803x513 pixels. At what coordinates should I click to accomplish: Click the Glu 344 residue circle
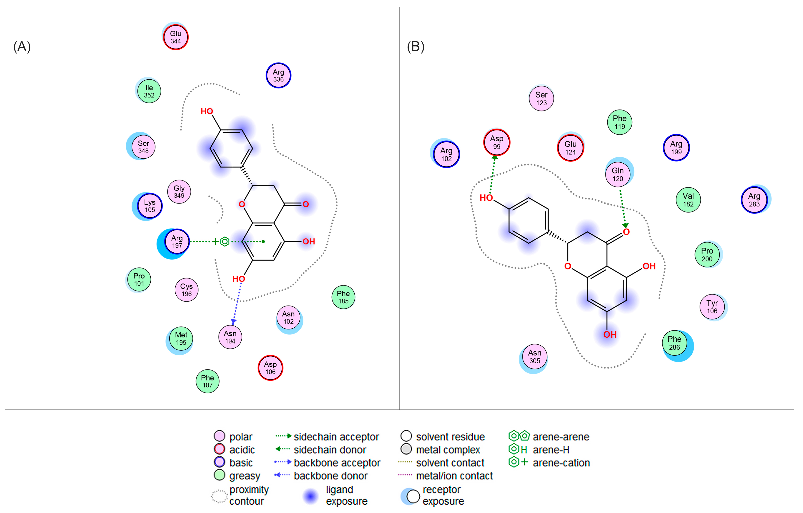click(176, 37)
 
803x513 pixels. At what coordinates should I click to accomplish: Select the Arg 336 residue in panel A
click(278, 75)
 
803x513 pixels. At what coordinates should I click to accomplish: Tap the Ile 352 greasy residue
click(149, 91)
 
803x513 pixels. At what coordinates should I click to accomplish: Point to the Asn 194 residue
click(230, 337)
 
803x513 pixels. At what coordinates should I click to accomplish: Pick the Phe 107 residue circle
click(207, 381)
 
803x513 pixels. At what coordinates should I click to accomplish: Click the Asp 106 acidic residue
click(270, 368)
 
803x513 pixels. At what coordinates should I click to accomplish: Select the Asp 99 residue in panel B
click(497, 142)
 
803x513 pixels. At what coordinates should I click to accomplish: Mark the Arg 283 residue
click(754, 200)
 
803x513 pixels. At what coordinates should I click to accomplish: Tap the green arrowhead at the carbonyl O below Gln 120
click(625, 225)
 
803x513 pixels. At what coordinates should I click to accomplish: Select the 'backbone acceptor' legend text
click(337, 463)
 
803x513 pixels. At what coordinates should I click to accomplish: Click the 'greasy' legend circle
click(220, 475)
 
